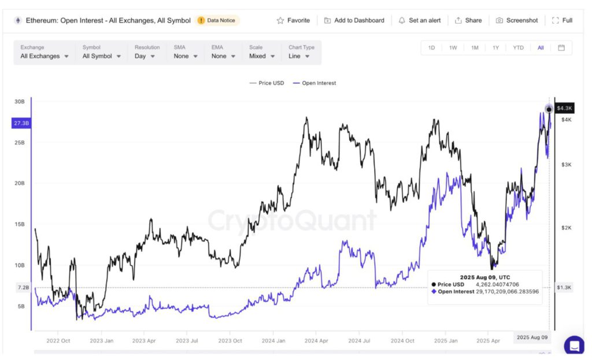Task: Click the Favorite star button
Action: pyautogui.click(x=293, y=20)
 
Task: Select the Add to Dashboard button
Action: pyautogui.click(x=354, y=20)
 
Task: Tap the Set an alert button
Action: pyautogui.click(x=419, y=20)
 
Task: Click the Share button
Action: pyautogui.click(x=468, y=20)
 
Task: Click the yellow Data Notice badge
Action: pyautogui.click(x=217, y=20)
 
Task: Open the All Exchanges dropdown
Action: pyautogui.click(x=45, y=56)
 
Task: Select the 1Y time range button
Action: pyautogui.click(x=495, y=48)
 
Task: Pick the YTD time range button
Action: pyautogui.click(x=518, y=48)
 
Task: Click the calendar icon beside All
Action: pyautogui.click(x=561, y=48)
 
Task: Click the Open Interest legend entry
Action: pyautogui.click(x=314, y=83)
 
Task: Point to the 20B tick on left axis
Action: pyautogui.click(x=20, y=183)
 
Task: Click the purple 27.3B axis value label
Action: pyautogui.click(x=21, y=123)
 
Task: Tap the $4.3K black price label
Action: pyautogui.click(x=564, y=108)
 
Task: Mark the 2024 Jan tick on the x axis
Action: pyautogui.click(x=273, y=340)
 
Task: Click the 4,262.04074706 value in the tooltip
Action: pyautogui.click(x=498, y=284)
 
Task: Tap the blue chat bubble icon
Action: pyautogui.click(x=574, y=346)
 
